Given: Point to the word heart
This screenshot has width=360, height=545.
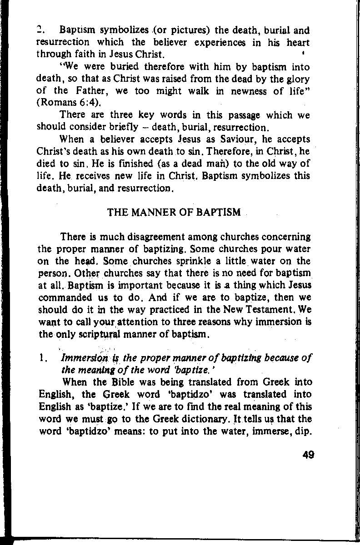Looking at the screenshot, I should (x=297, y=43).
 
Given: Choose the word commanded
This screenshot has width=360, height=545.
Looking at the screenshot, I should (x=60, y=298).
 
